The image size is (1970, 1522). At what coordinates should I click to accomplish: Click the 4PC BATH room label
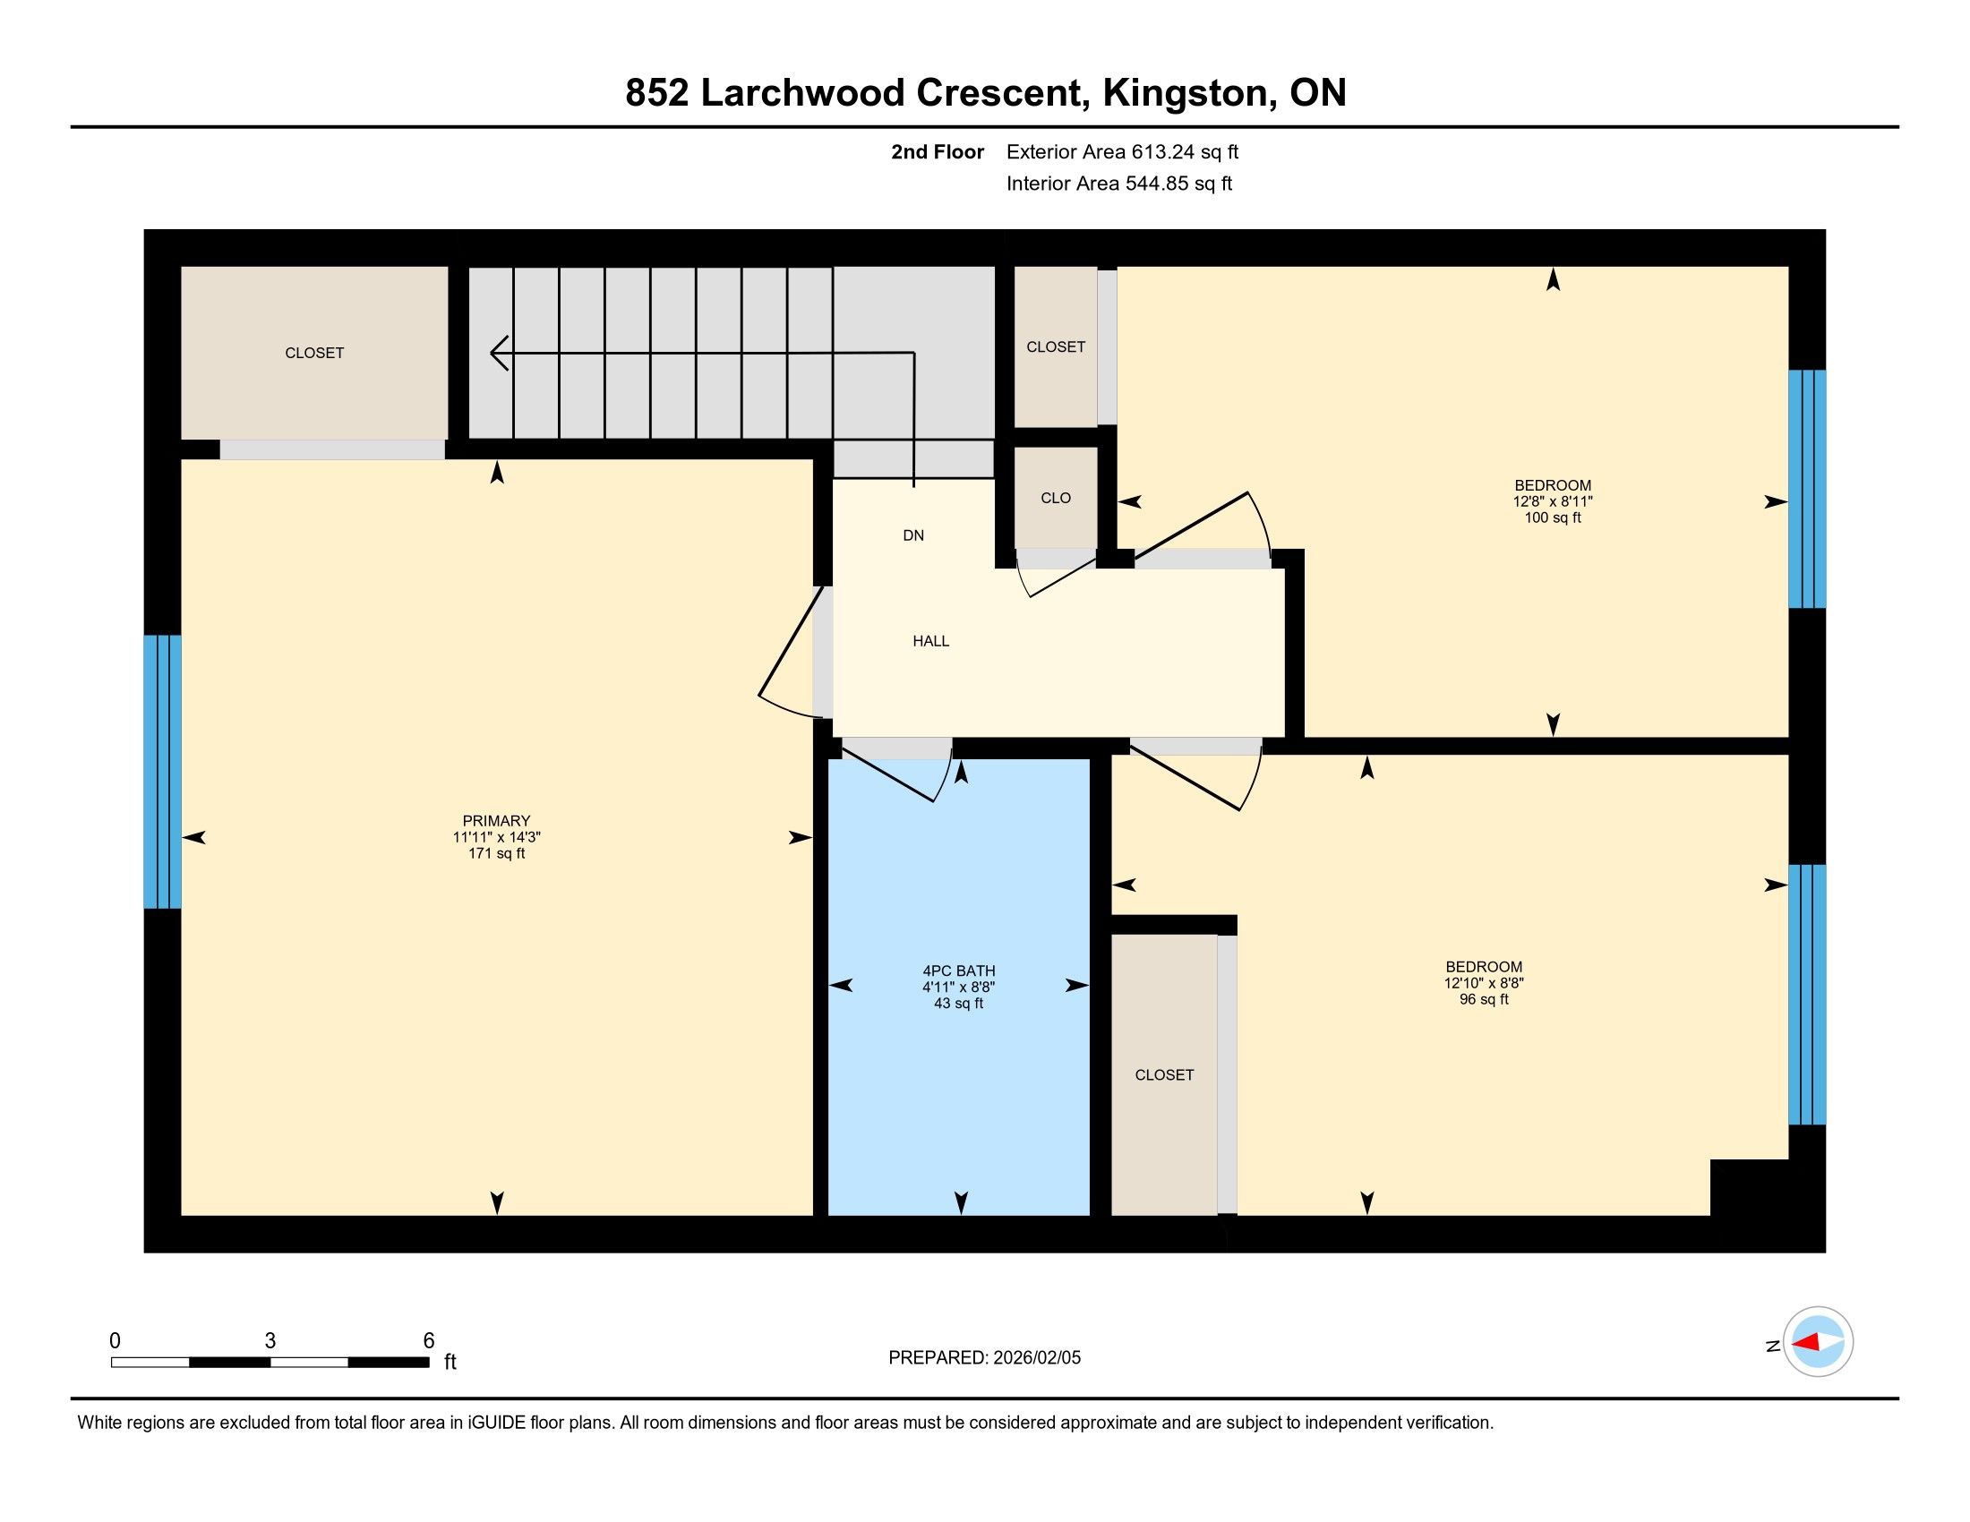[x=959, y=971]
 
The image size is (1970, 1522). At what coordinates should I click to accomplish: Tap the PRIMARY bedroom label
[x=496, y=820]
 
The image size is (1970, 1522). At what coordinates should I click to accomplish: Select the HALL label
[x=931, y=641]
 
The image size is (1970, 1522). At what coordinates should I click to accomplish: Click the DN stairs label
[x=913, y=535]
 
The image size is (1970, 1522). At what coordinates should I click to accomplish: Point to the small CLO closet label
[x=1056, y=498]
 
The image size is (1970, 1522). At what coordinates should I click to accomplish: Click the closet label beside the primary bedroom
[x=314, y=353]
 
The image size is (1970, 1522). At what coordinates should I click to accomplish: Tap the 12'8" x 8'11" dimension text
[x=1553, y=501]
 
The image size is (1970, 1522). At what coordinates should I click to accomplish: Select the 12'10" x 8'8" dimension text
[x=1484, y=983]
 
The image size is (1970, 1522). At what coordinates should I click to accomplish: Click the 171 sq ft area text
[x=496, y=853]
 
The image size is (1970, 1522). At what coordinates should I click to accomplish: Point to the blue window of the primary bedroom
[x=162, y=772]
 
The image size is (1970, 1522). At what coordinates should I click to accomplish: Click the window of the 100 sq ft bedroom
[x=1808, y=489]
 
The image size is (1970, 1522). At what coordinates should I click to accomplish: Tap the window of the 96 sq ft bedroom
[x=1808, y=995]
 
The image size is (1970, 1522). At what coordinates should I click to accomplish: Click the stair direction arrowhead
[x=499, y=353]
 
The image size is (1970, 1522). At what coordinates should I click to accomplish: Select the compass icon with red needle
[x=1818, y=1342]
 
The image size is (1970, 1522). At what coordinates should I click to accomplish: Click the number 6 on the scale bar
[x=429, y=1341]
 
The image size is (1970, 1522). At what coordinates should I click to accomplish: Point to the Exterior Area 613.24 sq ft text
[x=1123, y=151]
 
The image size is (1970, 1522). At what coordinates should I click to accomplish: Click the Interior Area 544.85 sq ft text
[x=1119, y=183]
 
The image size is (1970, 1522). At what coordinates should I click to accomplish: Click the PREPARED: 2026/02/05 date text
[x=984, y=1358]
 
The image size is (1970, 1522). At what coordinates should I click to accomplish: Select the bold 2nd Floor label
[x=938, y=151]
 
